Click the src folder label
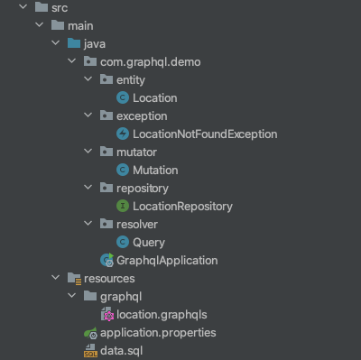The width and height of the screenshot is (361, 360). click(x=60, y=8)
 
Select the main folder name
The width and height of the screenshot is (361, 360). click(x=80, y=25)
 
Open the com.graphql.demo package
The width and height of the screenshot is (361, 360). click(x=151, y=61)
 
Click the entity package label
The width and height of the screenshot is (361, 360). click(x=131, y=79)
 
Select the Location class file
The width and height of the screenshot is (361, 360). click(x=154, y=97)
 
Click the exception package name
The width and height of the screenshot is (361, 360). click(x=142, y=115)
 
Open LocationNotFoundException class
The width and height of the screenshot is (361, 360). click(x=204, y=134)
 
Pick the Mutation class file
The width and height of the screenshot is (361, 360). click(x=155, y=170)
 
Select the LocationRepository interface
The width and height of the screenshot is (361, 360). click(x=182, y=206)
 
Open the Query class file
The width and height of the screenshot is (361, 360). click(x=149, y=242)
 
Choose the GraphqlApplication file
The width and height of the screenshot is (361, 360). click(x=167, y=260)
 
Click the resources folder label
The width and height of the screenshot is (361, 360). click(x=109, y=279)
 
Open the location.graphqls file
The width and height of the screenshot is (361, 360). click(x=162, y=314)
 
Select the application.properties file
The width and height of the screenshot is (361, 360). click(x=158, y=332)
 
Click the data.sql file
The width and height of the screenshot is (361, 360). click(x=121, y=350)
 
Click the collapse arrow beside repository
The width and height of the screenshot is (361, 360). click(x=88, y=188)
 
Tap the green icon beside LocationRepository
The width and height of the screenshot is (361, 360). click(x=123, y=206)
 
